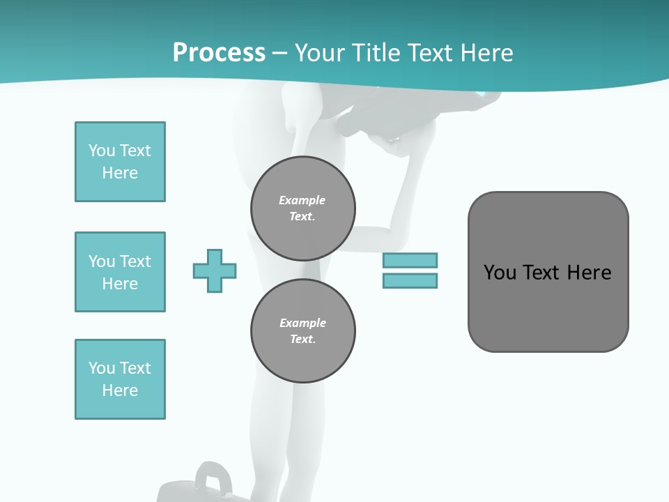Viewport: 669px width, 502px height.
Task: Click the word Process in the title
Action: coord(219,53)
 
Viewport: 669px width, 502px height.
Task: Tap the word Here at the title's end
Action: coord(483,53)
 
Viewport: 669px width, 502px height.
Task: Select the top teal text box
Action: coord(120,162)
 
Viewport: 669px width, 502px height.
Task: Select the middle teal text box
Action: coord(120,272)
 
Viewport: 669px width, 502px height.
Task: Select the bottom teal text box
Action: coord(120,379)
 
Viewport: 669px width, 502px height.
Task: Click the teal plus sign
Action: coord(215,271)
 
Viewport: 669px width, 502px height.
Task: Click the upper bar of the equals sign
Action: coord(410,260)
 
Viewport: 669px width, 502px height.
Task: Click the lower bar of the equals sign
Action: coord(410,280)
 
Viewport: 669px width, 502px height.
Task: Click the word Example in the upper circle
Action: coord(302,200)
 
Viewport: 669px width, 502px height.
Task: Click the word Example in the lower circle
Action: coord(302,323)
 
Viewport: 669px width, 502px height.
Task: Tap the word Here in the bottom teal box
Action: coord(120,390)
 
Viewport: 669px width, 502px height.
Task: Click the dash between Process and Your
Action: coord(280,53)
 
